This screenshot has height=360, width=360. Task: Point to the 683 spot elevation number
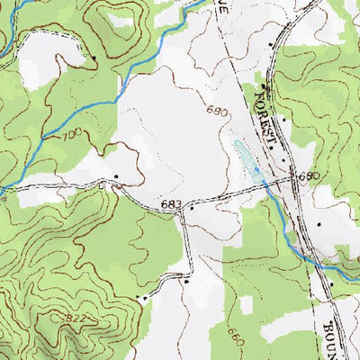pos(172,205)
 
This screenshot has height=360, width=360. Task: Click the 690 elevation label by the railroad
pos(310,175)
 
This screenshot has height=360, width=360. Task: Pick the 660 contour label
pos(236,338)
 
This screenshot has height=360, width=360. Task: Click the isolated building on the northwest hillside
pos(94,57)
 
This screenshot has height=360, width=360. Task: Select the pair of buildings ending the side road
pos(141,295)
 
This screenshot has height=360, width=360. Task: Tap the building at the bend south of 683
pos(186,281)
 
